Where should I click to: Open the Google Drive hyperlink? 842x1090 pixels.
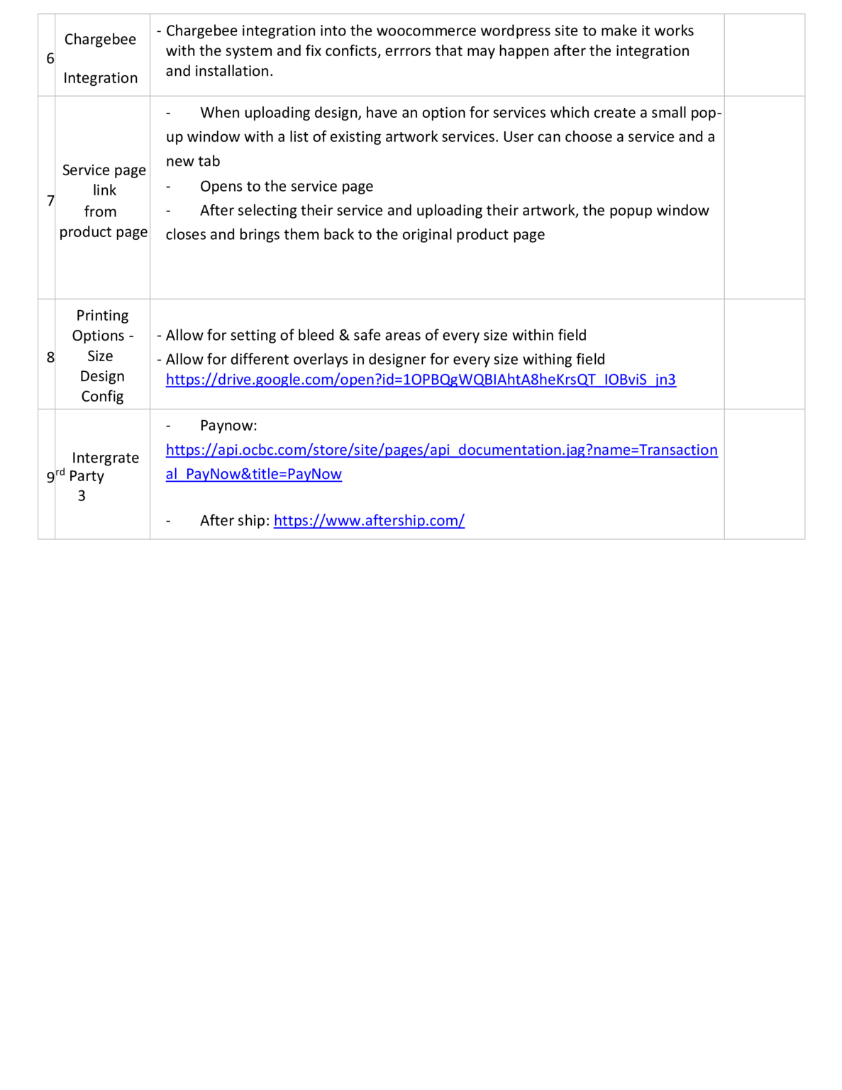tap(421, 380)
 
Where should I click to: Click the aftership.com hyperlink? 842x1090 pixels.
tap(369, 521)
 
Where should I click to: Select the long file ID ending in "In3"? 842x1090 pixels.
tap(539, 380)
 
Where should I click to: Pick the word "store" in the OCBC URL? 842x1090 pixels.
tap(327, 450)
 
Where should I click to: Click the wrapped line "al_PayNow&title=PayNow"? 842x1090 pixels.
tap(253, 474)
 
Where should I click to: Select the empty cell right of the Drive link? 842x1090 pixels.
tap(764, 354)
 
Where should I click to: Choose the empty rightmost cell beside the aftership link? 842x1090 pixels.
tap(764, 474)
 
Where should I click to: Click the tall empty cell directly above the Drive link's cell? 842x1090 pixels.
tap(436, 197)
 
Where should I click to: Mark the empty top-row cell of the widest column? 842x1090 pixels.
tap(436, 55)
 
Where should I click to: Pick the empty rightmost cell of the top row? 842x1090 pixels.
tap(764, 55)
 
